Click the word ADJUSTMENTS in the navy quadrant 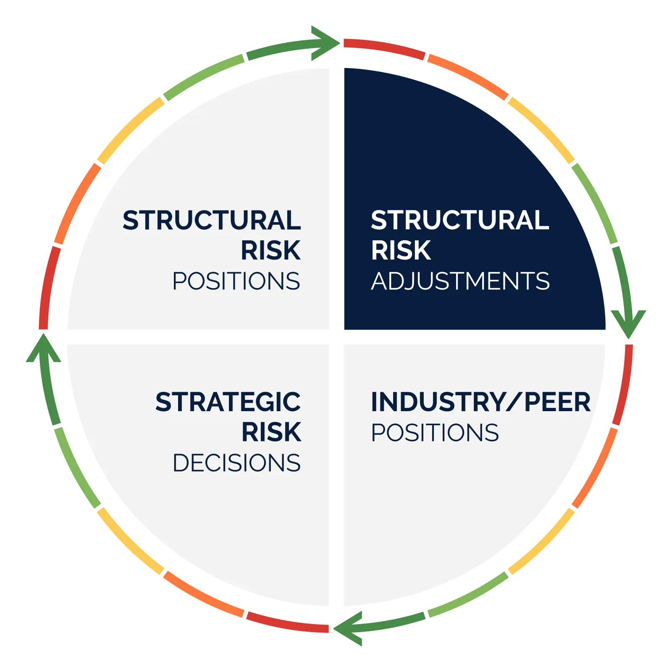[460, 281]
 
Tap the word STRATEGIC [228, 402]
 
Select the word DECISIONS [236, 463]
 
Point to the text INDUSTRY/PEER [481, 402]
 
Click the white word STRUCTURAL [460, 220]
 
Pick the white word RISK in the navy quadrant [401, 250]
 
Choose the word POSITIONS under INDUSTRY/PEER [435, 433]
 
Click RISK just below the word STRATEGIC [271, 432]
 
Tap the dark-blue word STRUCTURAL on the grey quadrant [212, 220]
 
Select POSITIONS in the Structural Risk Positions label [236, 281]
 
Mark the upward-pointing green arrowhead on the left [43, 349]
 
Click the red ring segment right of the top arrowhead [384, 48]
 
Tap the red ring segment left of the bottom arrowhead [288, 623]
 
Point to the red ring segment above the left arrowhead [48, 288]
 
